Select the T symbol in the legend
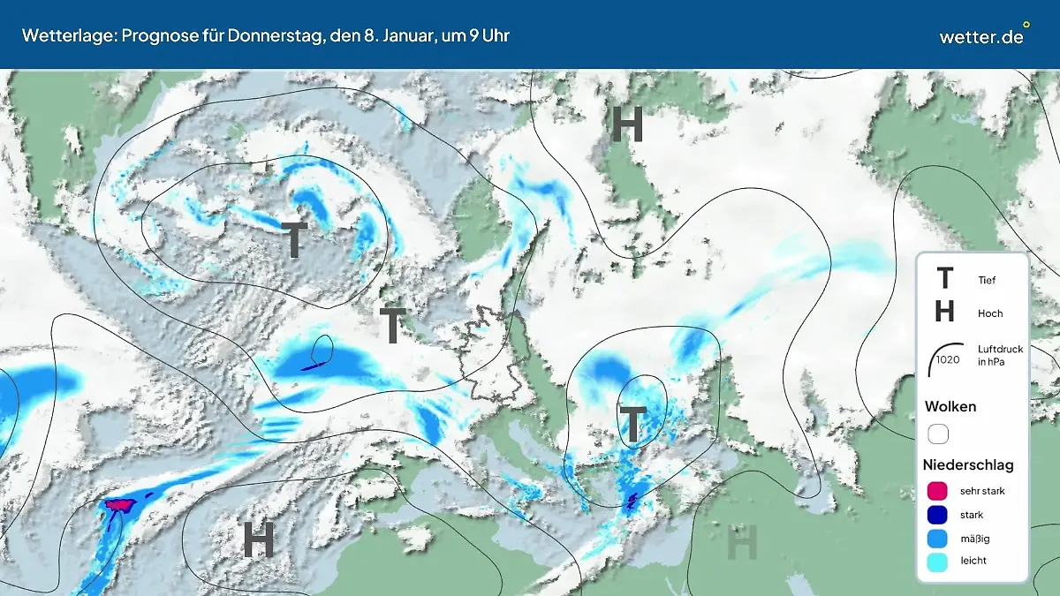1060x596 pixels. click(944, 279)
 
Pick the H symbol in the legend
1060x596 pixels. click(944, 312)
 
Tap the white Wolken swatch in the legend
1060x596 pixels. click(938, 434)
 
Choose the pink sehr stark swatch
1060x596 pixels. click(938, 491)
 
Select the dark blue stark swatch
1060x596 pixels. click(938, 515)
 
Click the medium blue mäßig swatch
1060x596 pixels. click(938, 538)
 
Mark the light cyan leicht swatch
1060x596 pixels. click(938, 561)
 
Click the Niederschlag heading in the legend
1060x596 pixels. click(968, 464)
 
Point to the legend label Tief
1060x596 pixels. click(987, 280)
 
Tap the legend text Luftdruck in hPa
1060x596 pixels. click(996, 355)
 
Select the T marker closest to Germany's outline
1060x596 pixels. click(392, 326)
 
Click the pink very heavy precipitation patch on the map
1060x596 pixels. click(117, 504)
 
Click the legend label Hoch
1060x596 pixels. click(990, 313)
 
